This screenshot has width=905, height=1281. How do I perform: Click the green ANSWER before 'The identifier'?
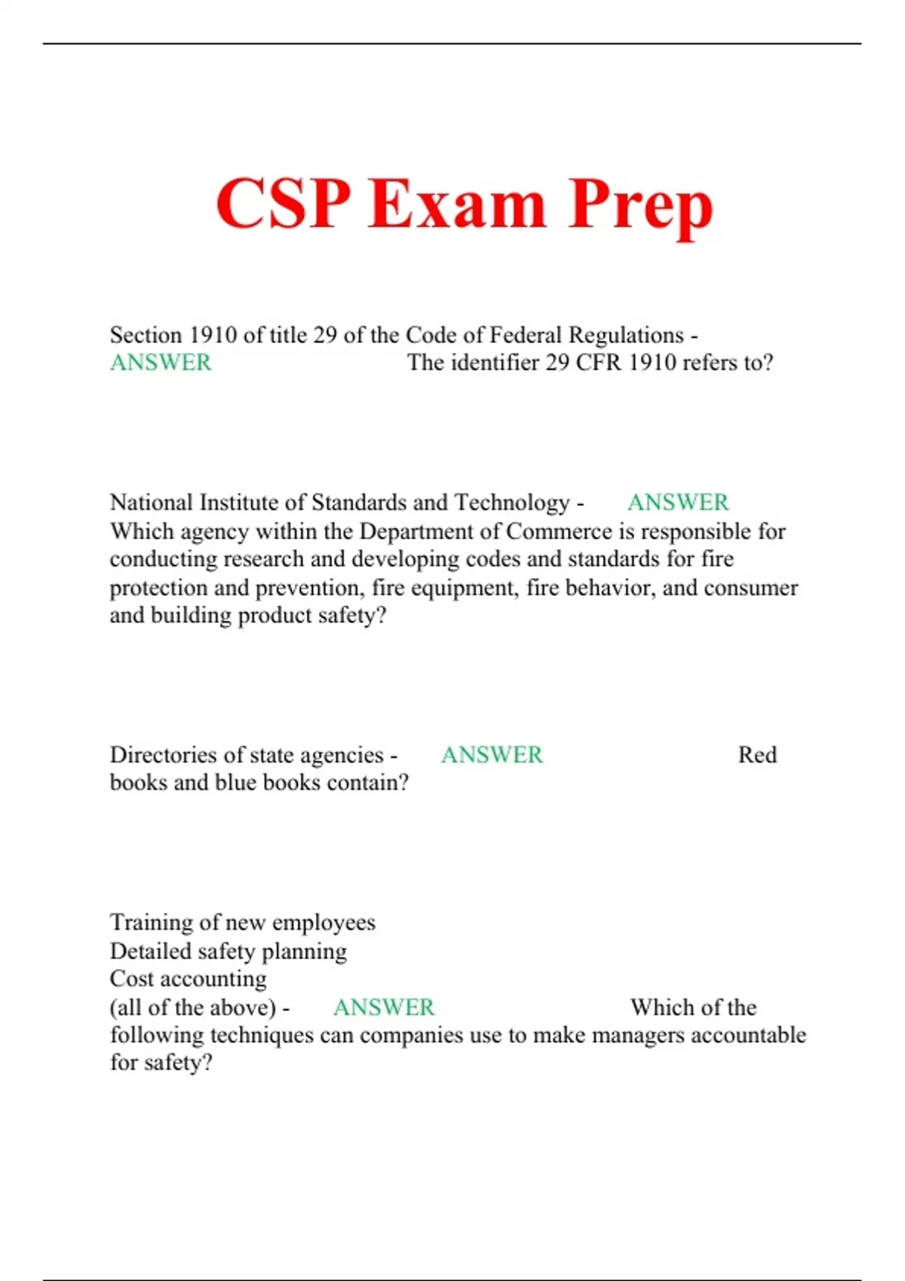point(161,362)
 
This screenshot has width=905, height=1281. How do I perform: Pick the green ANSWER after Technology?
point(678,502)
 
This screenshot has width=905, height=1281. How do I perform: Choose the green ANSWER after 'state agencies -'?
point(492,754)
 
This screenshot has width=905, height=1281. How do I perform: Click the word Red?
point(757,754)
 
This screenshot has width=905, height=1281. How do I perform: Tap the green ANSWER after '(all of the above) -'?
point(384,1007)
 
